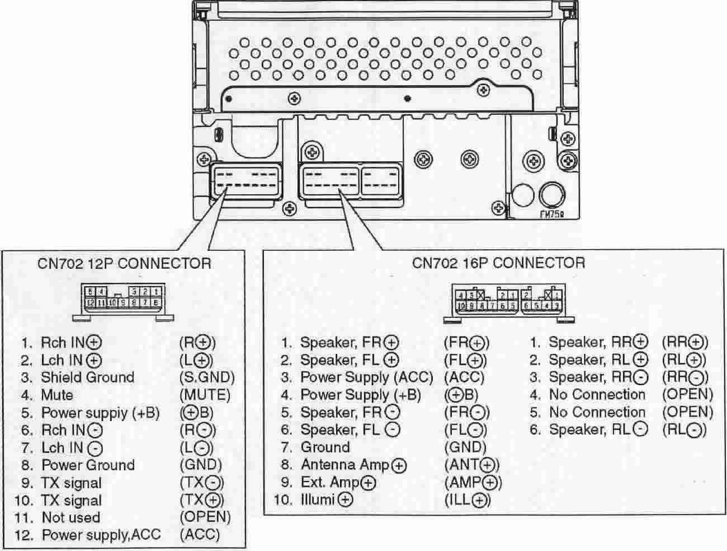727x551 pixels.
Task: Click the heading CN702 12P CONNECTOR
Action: pyautogui.click(x=124, y=263)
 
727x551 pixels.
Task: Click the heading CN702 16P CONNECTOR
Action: pyautogui.click(x=498, y=263)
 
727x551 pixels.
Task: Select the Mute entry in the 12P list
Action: pyautogui.click(x=56, y=395)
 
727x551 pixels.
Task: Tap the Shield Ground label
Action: pyautogui.click(x=87, y=377)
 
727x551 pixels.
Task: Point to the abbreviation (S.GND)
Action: pyautogui.click(x=207, y=377)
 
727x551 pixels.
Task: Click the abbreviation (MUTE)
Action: pyautogui.click(x=205, y=395)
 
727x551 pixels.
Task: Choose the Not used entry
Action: pyautogui.click(x=70, y=518)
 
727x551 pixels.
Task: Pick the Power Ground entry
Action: pyautogui.click(x=88, y=465)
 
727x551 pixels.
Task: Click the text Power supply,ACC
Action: pyautogui.click(x=101, y=535)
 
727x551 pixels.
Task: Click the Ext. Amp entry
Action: pyautogui.click(x=338, y=483)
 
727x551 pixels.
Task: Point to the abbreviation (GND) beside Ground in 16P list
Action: pyautogui.click(x=465, y=447)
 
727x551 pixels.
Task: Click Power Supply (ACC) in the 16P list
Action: pyautogui.click(x=366, y=377)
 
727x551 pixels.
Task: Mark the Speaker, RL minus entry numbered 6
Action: pyautogui.click(x=598, y=430)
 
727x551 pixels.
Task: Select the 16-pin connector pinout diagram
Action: pyautogui.click(x=509, y=304)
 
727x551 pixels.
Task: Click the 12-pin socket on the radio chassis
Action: pyautogui.click(x=246, y=180)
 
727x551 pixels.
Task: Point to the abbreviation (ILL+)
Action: pyautogui.click(x=468, y=500)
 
